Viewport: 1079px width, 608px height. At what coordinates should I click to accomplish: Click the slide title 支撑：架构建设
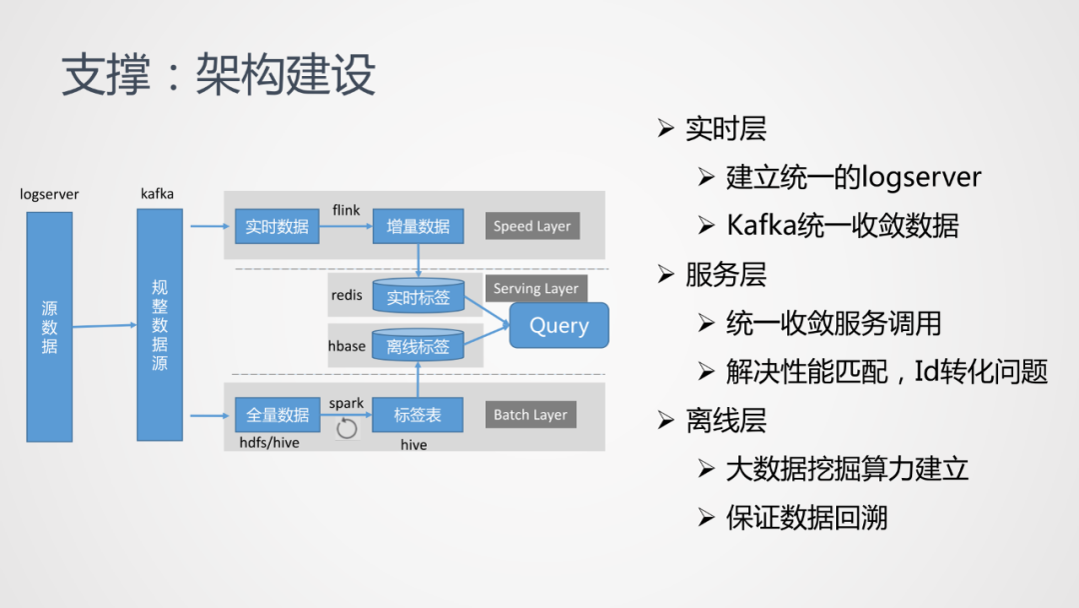pyautogui.click(x=218, y=75)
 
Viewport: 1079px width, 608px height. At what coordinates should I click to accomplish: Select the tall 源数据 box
pyautogui.click(x=49, y=326)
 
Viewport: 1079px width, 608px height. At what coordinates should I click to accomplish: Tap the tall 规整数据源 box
pyautogui.click(x=160, y=325)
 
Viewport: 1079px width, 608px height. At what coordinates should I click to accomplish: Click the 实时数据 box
pyautogui.click(x=277, y=226)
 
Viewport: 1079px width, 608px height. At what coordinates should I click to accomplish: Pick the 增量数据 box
pyautogui.click(x=418, y=226)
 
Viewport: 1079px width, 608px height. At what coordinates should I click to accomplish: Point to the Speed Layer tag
pyautogui.click(x=532, y=226)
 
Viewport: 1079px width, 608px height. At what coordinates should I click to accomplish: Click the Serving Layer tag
pyautogui.click(x=536, y=288)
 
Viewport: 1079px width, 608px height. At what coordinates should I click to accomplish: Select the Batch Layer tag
pyautogui.click(x=530, y=414)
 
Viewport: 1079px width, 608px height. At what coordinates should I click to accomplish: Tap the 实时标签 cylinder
pyautogui.click(x=418, y=296)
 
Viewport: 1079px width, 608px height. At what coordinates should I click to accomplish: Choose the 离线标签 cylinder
pyautogui.click(x=418, y=346)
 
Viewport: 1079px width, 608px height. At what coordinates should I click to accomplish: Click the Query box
pyautogui.click(x=558, y=325)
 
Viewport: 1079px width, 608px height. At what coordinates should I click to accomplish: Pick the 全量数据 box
pyautogui.click(x=277, y=414)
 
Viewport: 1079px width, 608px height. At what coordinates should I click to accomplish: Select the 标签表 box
pyautogui.click(x=418, y=414)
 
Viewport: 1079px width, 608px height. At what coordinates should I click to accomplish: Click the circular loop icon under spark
pyautogui.click(x=347, y=429)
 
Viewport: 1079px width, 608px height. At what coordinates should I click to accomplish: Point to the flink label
pyautogui.click(x=346, y=210)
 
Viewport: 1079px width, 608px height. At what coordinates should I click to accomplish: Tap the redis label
pyautogui.click(x=347, y=295)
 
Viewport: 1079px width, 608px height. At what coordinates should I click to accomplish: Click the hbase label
pyautogui.click(x=347, y=346)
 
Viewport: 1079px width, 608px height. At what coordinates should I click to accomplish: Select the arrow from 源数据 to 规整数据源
pyautogui.click(x=104, y=325)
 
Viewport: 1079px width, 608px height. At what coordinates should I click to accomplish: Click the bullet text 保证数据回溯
pyautogui.click(x=806, y=518)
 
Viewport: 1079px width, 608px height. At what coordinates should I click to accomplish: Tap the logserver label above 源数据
pyautogui.click(x=49, y=194)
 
